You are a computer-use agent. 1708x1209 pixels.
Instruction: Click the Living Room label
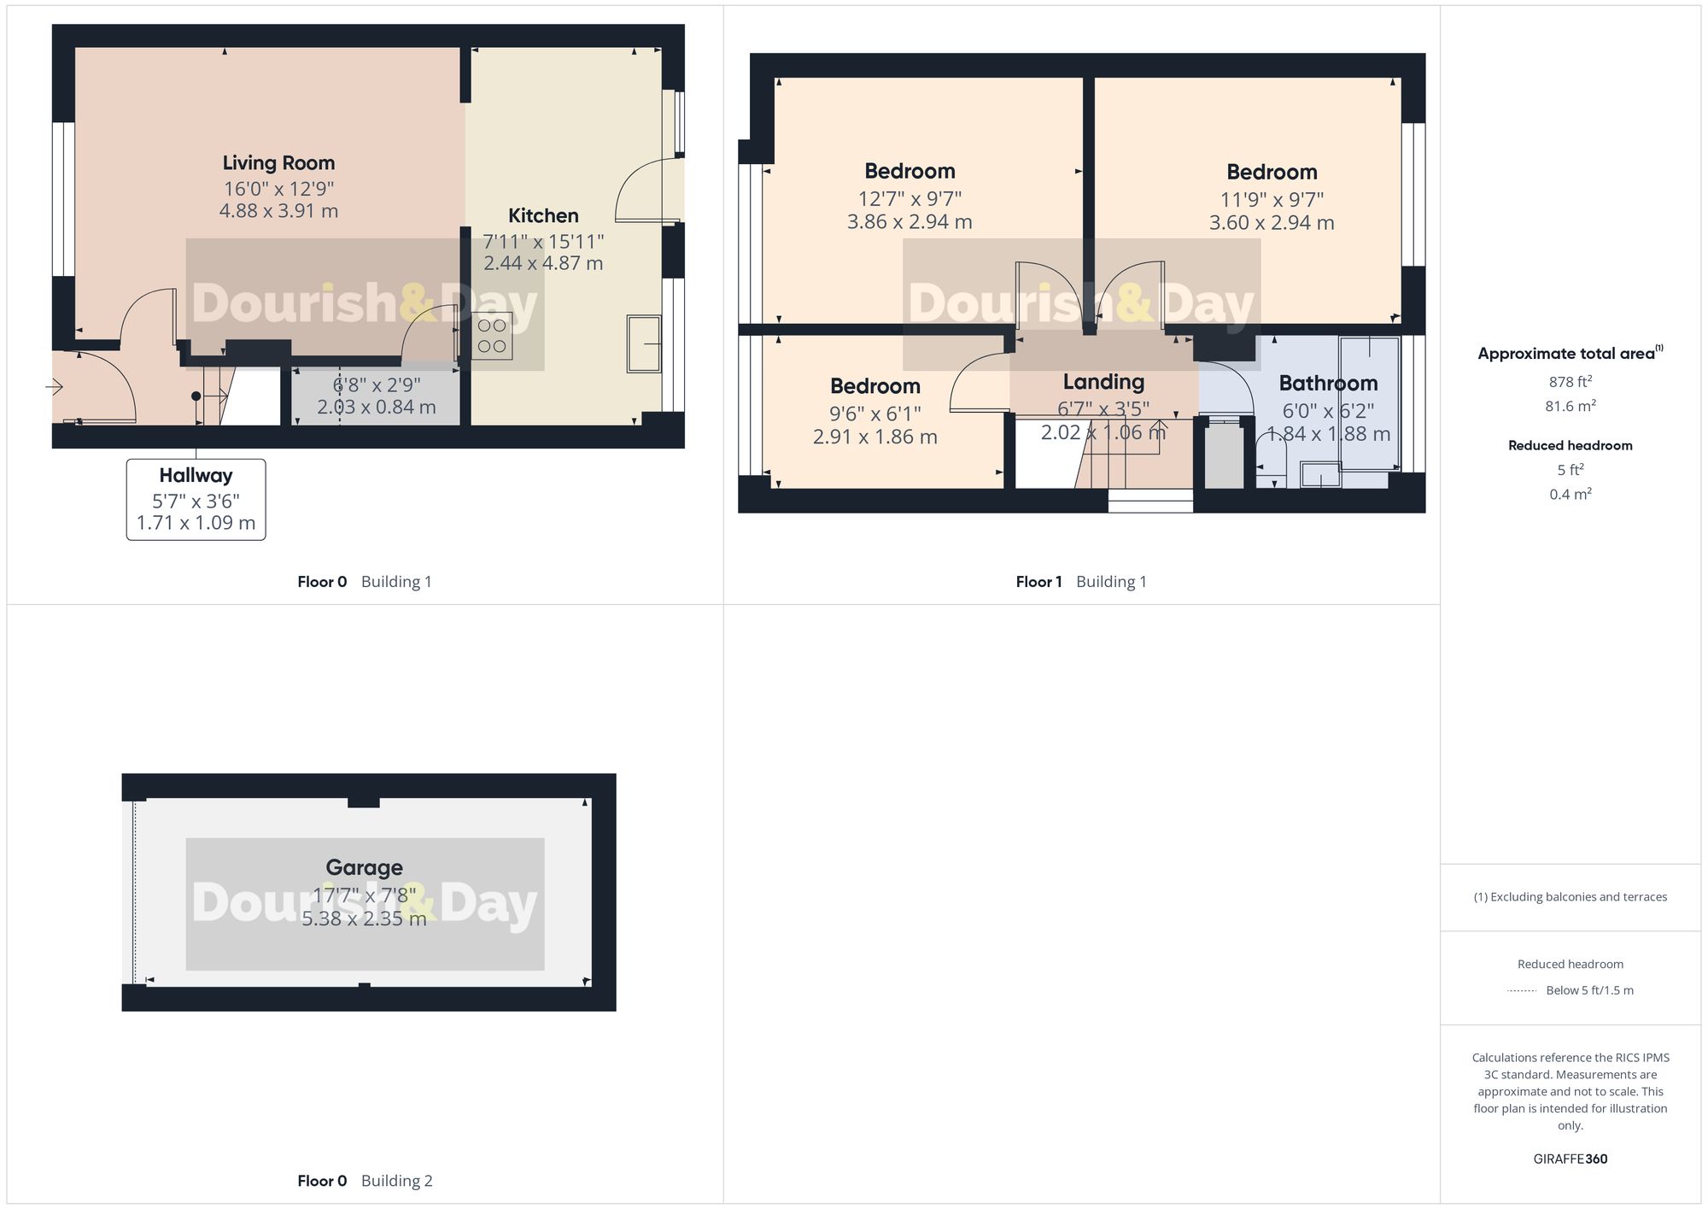(x=278, y=163)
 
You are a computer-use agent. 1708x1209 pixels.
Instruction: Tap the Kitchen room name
(x=543, y=216)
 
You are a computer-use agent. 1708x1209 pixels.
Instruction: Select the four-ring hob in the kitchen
(x=492, y=336)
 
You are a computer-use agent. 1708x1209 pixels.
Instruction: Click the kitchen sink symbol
(x=644, y=344)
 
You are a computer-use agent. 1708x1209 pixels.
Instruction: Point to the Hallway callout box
(x=196, y=499)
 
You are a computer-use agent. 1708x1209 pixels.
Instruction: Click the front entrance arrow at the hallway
(x=55, y=388)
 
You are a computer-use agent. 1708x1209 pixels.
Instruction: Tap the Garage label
(x=364, y=868)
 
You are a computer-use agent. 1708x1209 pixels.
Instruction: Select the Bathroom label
(x=1328, y=384)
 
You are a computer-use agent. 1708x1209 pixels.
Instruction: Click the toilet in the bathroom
(x=1271, y=458)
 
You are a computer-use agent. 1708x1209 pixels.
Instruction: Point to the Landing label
(x=1103, y=382)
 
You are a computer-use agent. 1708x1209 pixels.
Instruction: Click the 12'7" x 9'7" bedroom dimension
(x=910, y=199)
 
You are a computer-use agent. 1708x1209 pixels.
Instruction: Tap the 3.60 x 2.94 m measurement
(x=1271, y=223)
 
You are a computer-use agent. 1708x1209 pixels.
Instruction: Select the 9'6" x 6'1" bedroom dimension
(x=874, y=414)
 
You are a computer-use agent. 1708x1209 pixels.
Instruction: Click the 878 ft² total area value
(x=1570, y=382)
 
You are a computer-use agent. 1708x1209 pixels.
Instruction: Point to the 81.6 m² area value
(x=1570, y=406)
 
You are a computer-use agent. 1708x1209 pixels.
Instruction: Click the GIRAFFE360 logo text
(x=1570, y=1159)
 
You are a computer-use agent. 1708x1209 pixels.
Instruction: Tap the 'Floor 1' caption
(x=1038, y=582)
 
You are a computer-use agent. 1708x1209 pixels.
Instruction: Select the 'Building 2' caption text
(x=396, y=1181)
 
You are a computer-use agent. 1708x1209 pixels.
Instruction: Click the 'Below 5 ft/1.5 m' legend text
(x=1589, y=990)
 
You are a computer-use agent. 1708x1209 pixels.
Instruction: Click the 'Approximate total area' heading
(x=1566, y=354)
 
